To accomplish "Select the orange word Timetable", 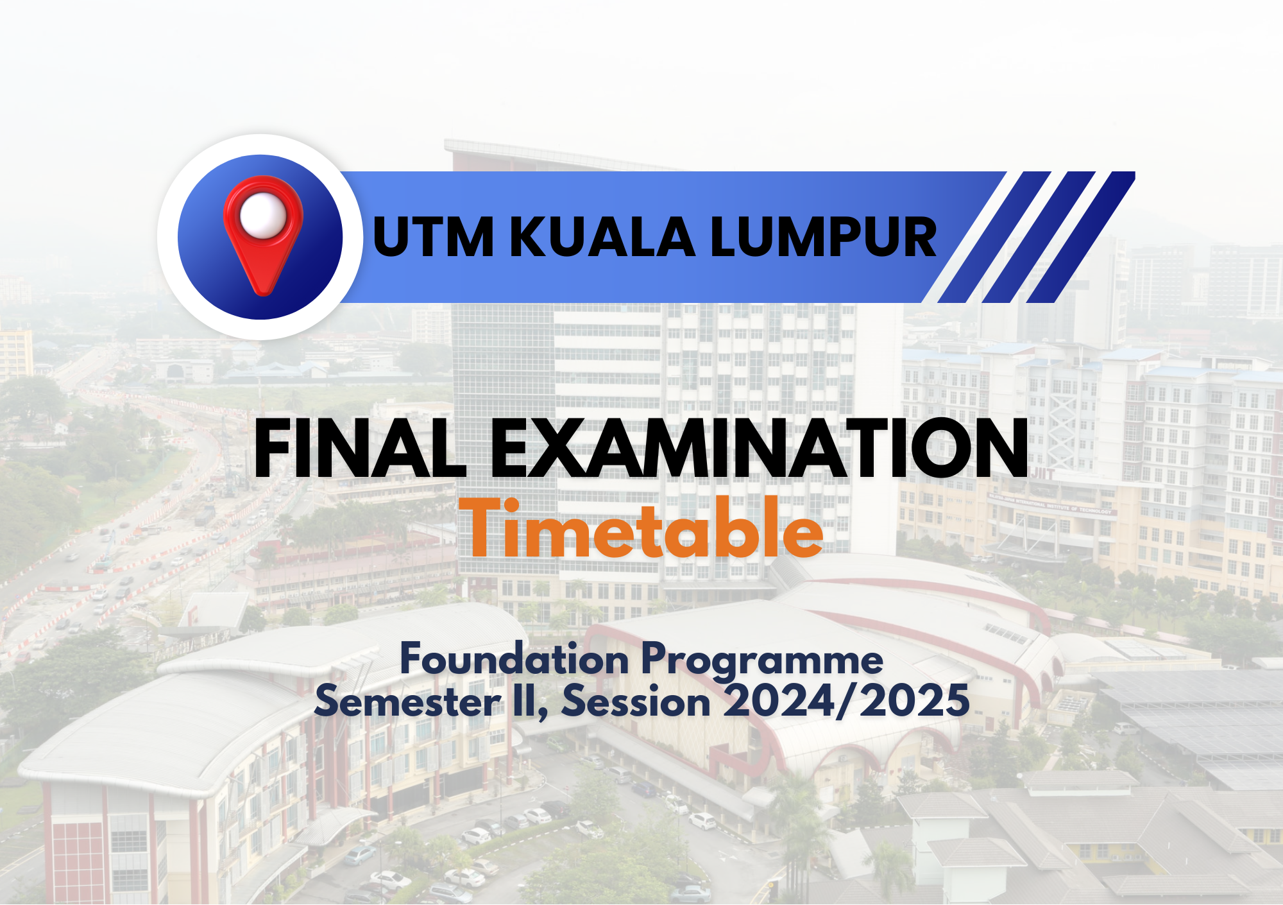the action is (641, 528).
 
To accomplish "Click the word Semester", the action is (408, 700).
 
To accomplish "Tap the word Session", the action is (636, 700).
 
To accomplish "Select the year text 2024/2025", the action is (847, 700).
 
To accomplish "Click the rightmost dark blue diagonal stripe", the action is (1081, 237).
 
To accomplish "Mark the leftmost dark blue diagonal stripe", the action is (994, 237).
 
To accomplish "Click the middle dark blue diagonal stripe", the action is (1038, 237).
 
